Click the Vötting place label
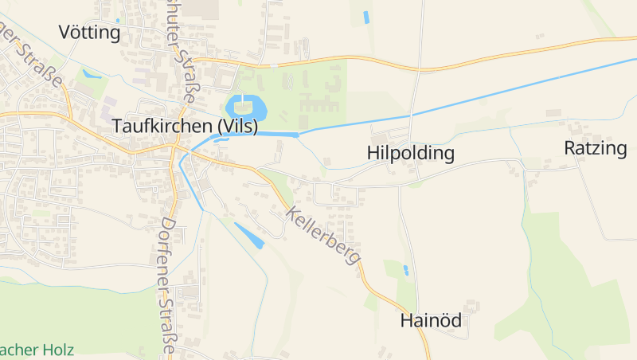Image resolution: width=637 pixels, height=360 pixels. tap(89, 33)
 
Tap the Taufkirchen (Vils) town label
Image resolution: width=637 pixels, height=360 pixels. tap(184, 127)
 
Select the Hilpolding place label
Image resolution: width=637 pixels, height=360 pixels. tap(411, 153)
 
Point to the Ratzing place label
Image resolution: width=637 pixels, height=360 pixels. tap(596, 147)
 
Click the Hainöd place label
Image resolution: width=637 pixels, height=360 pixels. tap(432, 321)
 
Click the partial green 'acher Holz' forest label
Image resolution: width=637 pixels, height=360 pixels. tap(37, 349)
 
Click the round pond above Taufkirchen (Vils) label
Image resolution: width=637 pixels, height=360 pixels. tap(245, 106)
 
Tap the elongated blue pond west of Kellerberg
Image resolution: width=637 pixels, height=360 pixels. tap(248, 236)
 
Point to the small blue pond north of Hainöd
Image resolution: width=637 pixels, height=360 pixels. tap(406, 270)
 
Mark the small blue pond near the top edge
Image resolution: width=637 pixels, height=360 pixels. tap(367, 17)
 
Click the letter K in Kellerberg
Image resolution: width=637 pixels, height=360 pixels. tap(291, 213)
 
